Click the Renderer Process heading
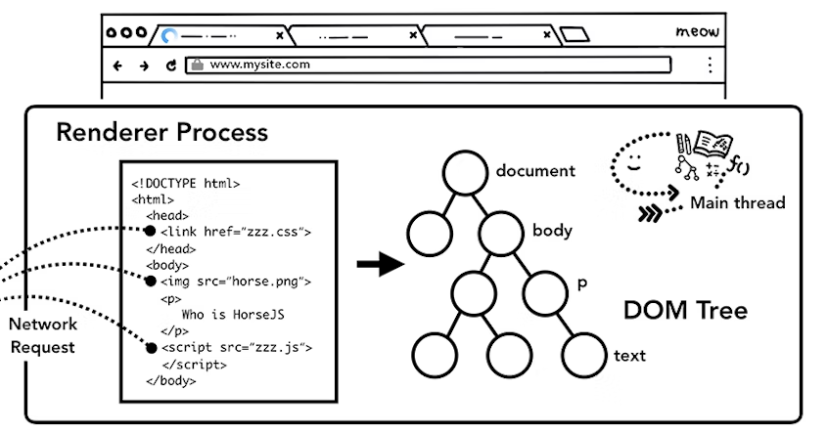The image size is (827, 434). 161,131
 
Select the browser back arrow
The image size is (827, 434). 118,65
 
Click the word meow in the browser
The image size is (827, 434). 697,32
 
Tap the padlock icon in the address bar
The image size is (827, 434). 197,65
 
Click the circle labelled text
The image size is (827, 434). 584,355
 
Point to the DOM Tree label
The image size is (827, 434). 685,312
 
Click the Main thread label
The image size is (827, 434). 737,203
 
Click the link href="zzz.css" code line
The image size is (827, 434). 235,232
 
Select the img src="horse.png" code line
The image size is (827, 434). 235,282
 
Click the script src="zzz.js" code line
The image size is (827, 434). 235,348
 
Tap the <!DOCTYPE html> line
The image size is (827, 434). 186,183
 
